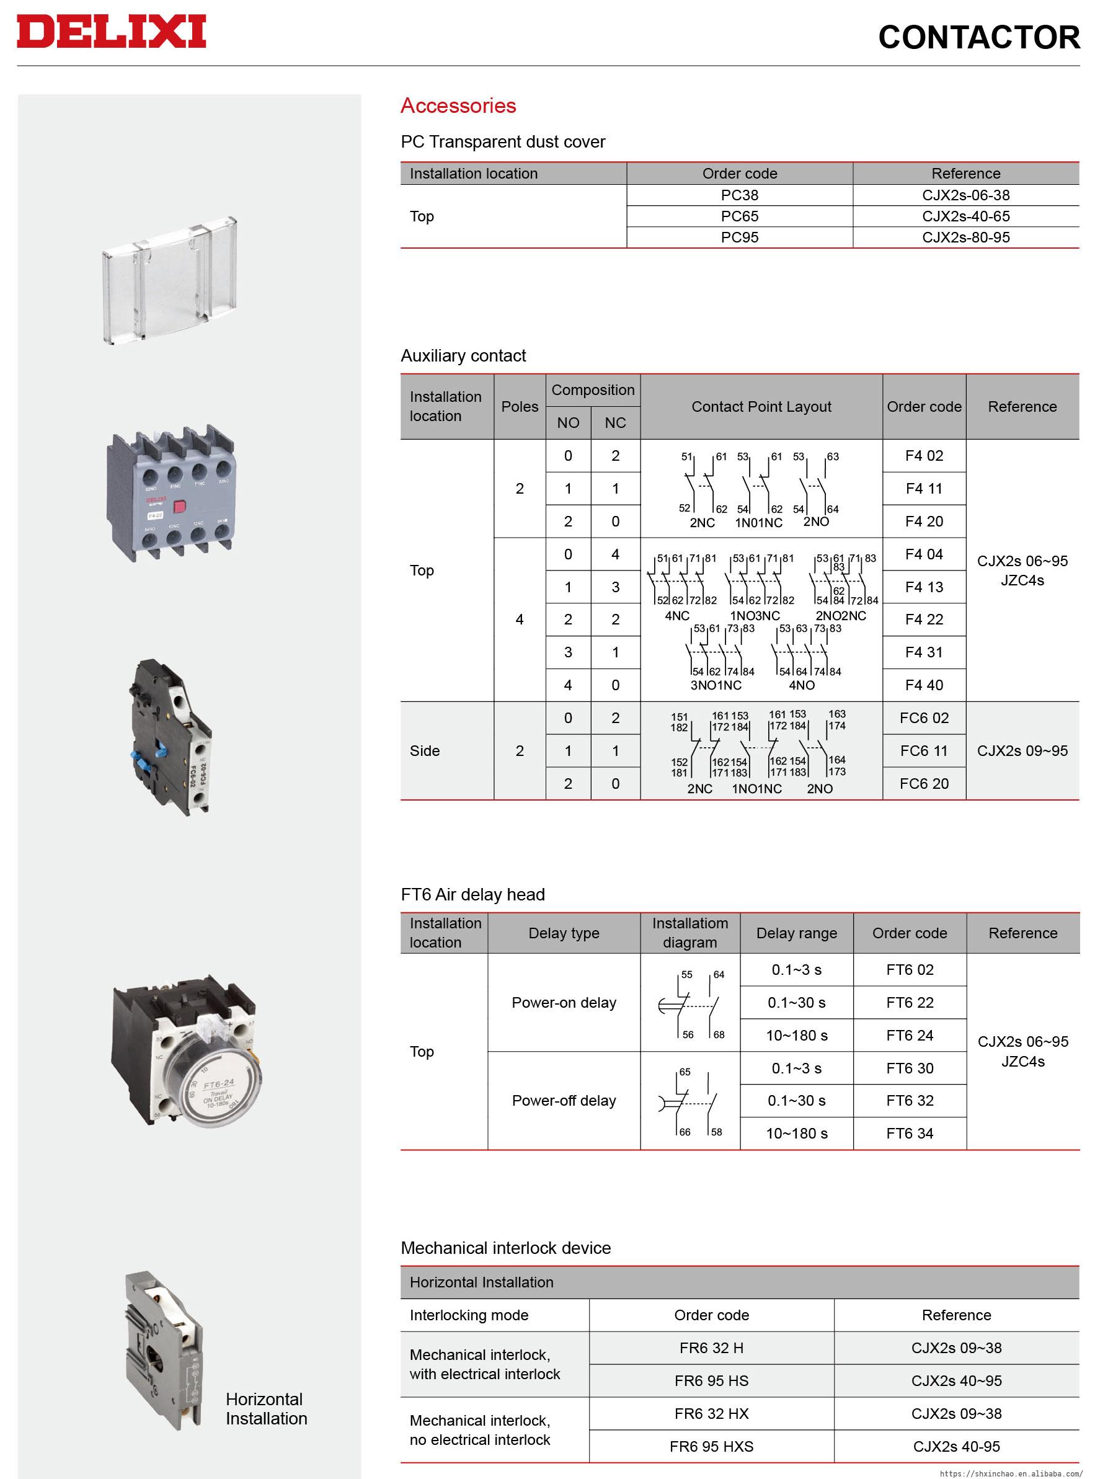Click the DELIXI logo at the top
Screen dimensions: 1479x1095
112,32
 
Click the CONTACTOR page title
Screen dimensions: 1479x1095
978,37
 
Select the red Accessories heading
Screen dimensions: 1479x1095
458,105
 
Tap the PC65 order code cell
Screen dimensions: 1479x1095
739,216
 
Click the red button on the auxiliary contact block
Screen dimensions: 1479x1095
179,507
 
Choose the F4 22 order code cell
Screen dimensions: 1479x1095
923,619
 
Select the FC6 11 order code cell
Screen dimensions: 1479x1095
923,750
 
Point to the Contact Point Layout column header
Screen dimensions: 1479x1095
761,406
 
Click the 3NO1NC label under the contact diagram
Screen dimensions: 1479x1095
716,685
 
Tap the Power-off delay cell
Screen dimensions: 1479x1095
564,1101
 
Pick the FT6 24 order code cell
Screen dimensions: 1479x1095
910,1035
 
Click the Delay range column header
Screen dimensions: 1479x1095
796,933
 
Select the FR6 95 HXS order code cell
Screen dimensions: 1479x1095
711,1446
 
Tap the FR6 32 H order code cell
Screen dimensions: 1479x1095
711,1348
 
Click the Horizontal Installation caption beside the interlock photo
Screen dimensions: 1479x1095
266,1408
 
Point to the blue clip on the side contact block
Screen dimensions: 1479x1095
159,752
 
